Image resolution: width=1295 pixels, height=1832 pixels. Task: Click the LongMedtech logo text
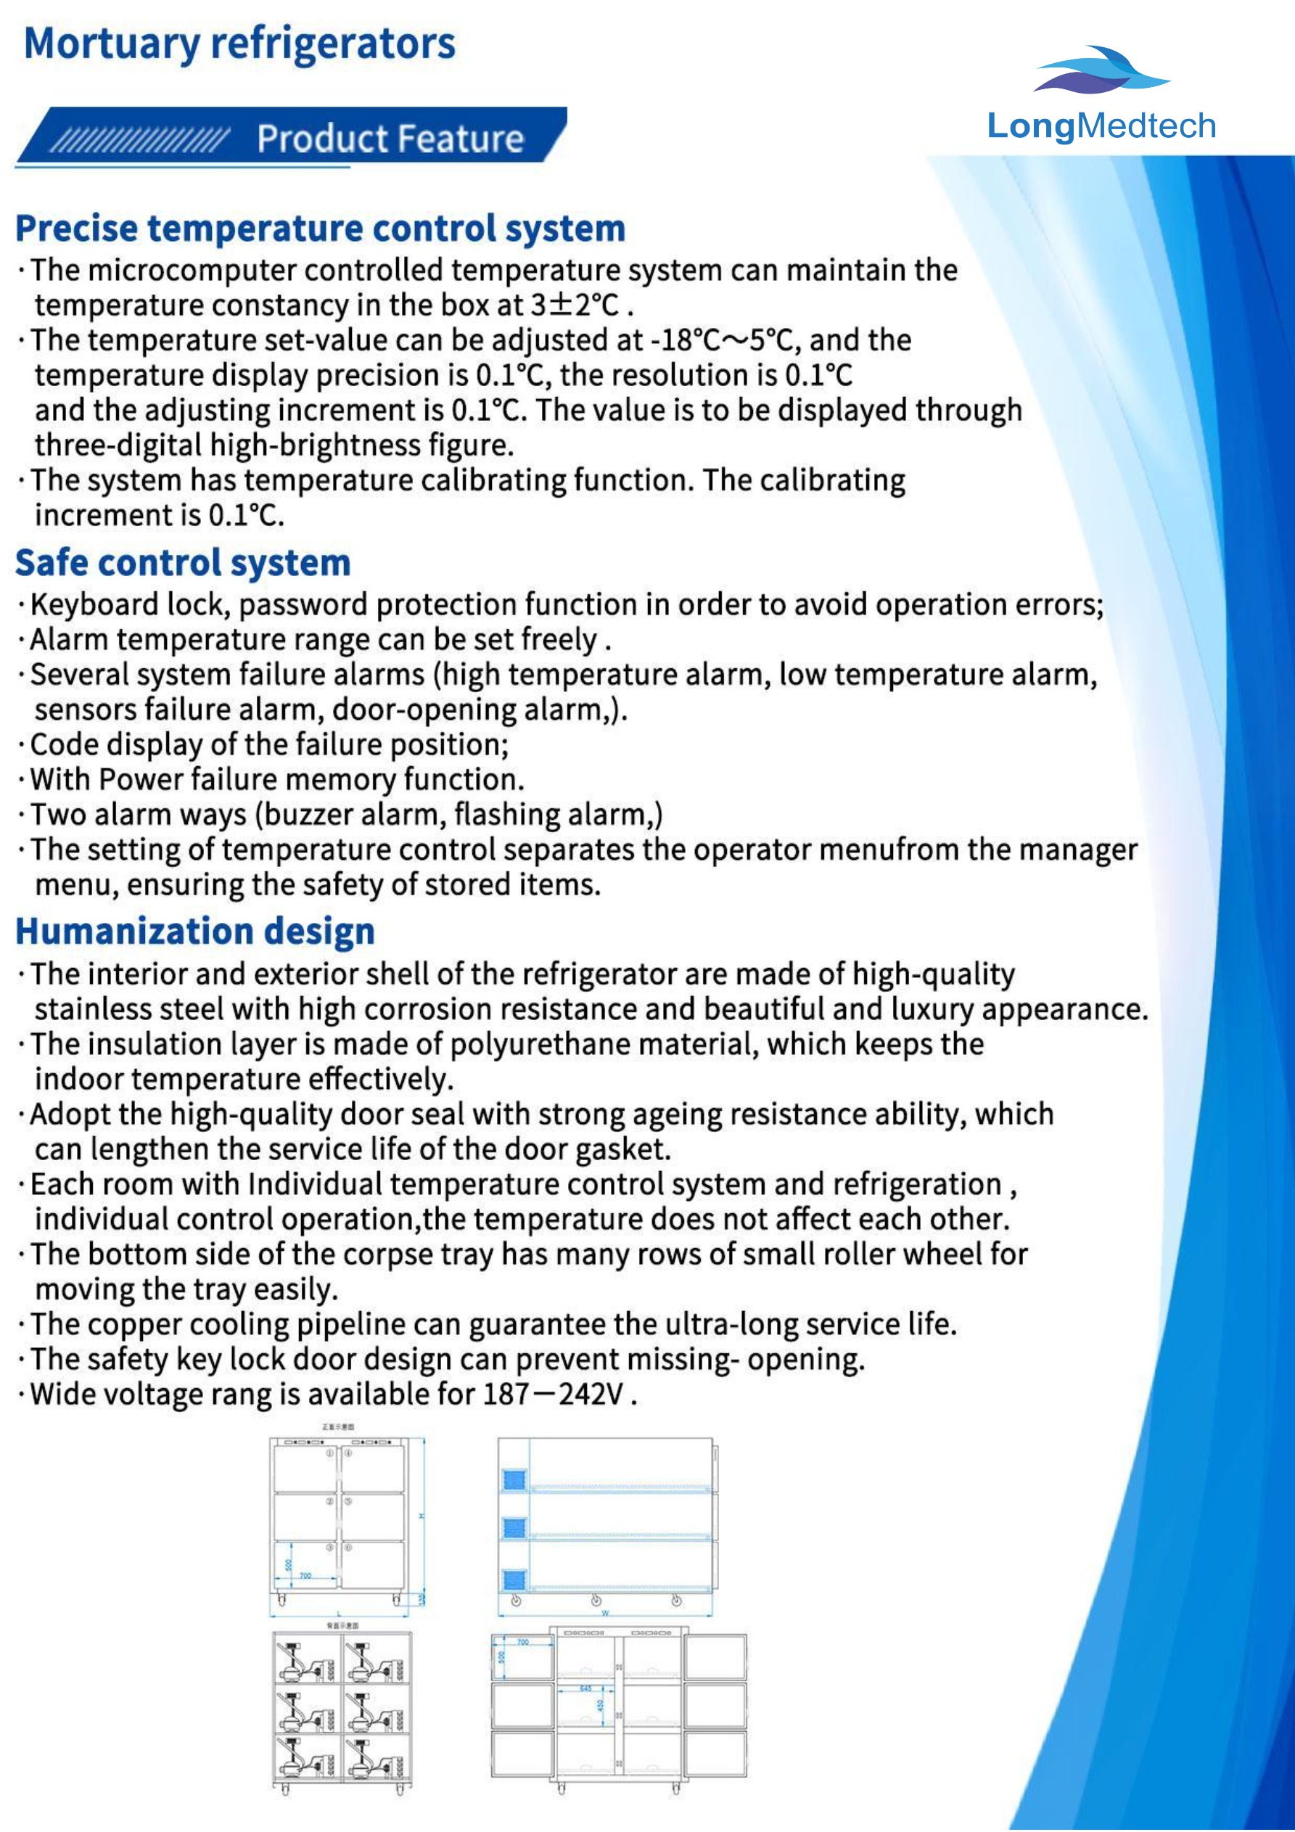[x=1101, y=126]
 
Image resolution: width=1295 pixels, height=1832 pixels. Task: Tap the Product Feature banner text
[x=390, y=139]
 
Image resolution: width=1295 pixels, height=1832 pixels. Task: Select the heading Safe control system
[x=183, y=562]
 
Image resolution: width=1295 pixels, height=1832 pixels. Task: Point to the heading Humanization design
[x=194, y=931]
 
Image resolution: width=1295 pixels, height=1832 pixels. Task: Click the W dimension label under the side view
[x=605, y=1614]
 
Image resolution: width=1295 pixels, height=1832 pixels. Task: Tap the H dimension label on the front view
[x=421, y=1517]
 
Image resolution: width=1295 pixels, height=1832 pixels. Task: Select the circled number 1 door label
[x=329, y=1454]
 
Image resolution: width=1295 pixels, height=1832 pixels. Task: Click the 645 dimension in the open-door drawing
[x=585, y=1688]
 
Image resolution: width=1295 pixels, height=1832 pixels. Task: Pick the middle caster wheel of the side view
[x=596, y=1601]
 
